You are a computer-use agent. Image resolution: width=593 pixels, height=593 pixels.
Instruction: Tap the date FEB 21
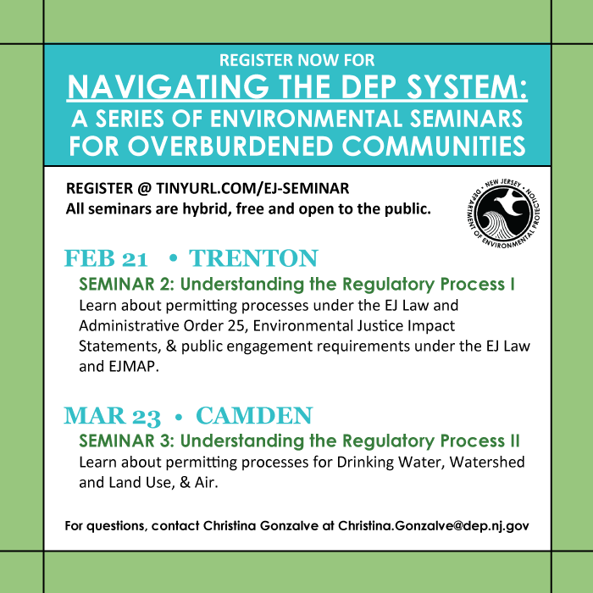pos(107,258)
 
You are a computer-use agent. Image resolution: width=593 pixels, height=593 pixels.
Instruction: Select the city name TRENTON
pos(253,258)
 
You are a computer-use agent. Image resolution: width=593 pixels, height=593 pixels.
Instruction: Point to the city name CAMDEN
pos(254,416)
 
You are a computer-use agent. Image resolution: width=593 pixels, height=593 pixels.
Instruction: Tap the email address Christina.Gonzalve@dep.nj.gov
pos(434,525)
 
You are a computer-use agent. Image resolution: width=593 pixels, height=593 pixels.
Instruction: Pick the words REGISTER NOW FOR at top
pos(296,61)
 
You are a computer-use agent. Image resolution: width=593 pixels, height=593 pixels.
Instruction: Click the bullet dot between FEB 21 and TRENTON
pos(172,259)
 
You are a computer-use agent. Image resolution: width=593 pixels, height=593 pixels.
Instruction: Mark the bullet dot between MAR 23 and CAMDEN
pos(179,417)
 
